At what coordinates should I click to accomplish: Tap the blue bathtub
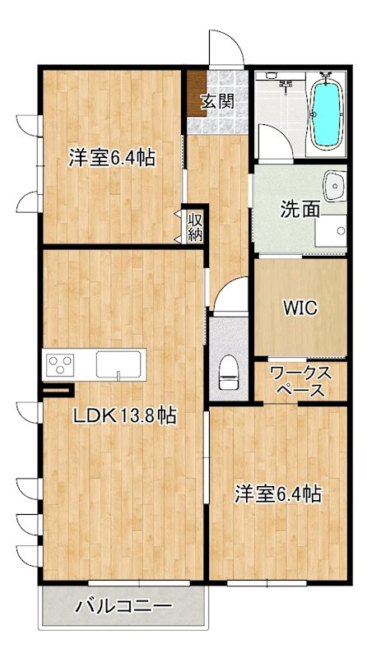pyautogui.click(x=327, y=116)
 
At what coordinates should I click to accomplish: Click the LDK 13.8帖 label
pyautogui.click(x=123, y=416)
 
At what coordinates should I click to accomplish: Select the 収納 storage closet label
pyautogui.click(x=195, y=226)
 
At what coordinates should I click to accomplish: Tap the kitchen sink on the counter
pyautogui.click(x=120, y=364)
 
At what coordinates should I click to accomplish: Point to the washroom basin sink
pyautogui.click(x=336, y=187)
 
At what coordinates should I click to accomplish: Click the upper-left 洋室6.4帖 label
pyautogui.click(x=112, y=157)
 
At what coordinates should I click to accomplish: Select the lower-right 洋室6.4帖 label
pyautogui.click(x=278, y=494)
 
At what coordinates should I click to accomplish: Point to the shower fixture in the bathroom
pyautogui.click(x=285, y=82)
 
